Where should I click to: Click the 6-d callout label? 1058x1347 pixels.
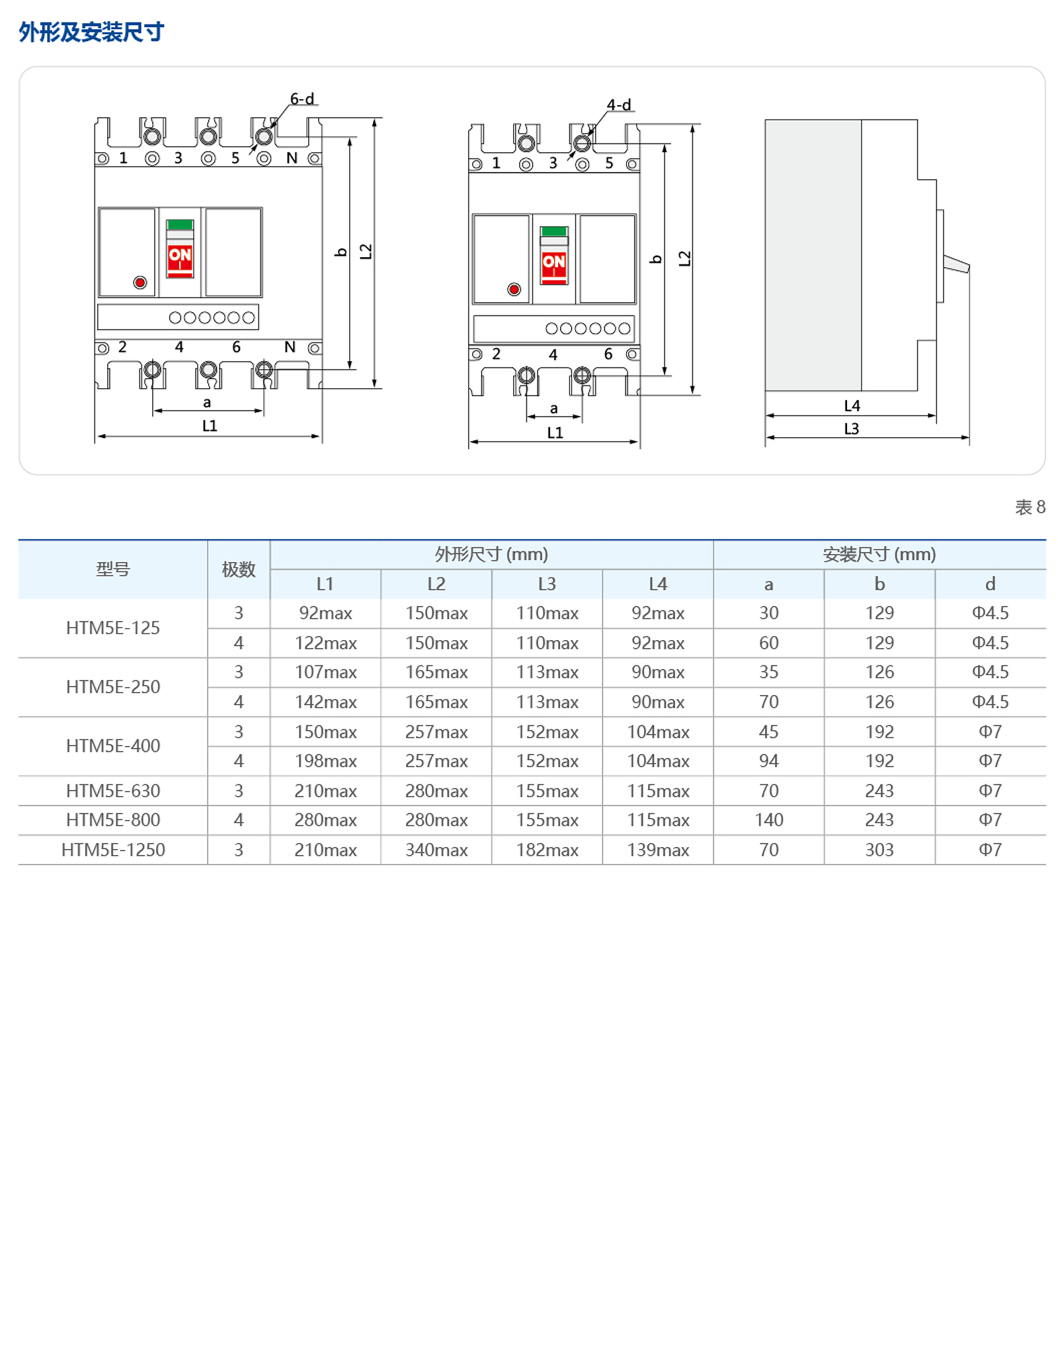[302, 99]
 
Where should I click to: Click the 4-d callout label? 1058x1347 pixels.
[619, 105]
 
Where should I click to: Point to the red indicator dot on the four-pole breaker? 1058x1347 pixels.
[140, 283]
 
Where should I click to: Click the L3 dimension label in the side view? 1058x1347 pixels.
[851, 429]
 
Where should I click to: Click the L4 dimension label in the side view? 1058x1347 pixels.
[852, 406]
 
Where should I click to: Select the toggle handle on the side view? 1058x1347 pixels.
[956, 265]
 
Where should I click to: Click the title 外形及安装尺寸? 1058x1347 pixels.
[91, 32]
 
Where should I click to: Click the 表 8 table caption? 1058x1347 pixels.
[1030, 507]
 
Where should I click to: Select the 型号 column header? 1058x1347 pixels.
[112, 569]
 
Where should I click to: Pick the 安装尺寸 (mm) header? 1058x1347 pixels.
[879, 554]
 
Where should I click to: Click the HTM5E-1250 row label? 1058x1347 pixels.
[113, 850]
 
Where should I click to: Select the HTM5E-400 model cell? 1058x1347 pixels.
[113, 746]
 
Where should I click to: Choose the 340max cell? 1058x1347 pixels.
[436, 850]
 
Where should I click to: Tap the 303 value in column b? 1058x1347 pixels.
[879, 850]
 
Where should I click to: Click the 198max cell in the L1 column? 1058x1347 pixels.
[325, 761]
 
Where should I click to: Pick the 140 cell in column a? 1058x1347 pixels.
[768, 820]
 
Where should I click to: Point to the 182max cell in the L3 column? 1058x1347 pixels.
[547, 850]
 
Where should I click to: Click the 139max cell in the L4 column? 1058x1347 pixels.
[658, 850]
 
